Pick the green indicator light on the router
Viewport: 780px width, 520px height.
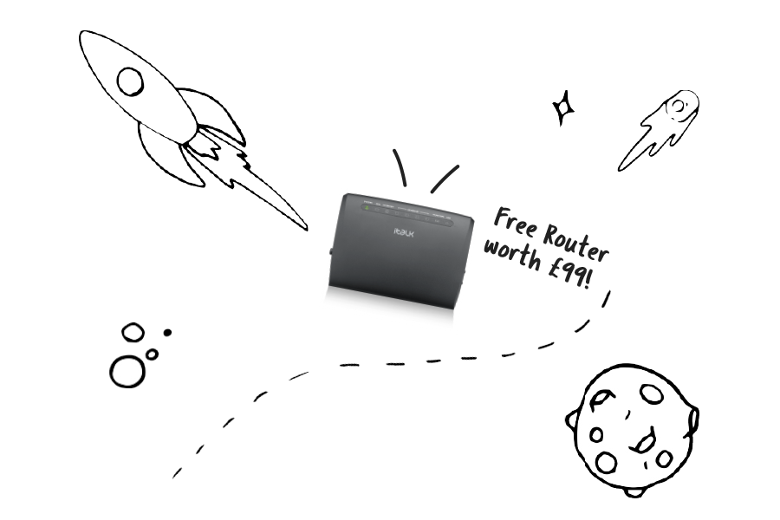click(x=367, y=207)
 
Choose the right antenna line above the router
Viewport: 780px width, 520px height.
click(x=445, y=178)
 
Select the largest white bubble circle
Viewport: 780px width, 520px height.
click(x=128, y=371)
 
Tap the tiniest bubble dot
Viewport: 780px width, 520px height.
click(x=167, y=331)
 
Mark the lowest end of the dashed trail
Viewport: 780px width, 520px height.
click(x=177, y=474)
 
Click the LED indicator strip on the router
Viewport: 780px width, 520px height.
click(x=403, y=209)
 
